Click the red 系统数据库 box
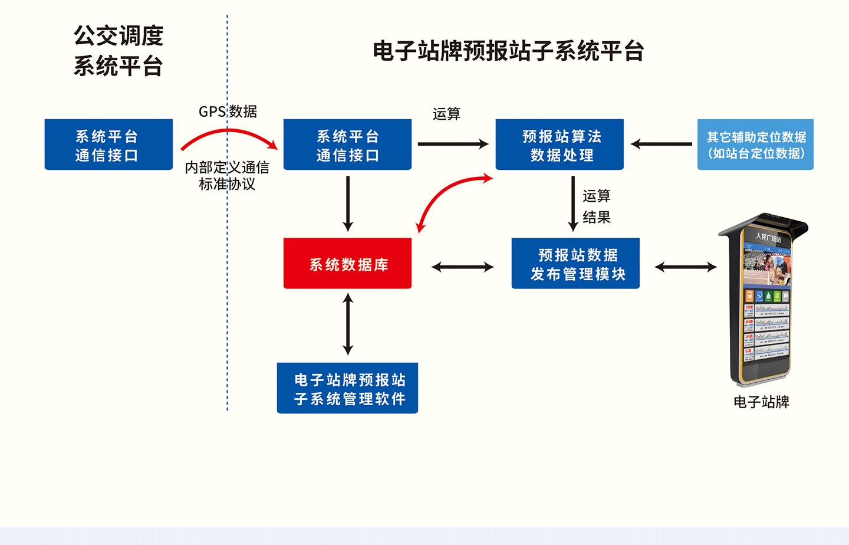(x=347, y=264)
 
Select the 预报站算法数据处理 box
(x=560, y=145)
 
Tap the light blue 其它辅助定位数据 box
(x=755, y=145)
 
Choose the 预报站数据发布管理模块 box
(x=575, y=264)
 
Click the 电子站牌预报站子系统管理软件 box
(x=347, y=389)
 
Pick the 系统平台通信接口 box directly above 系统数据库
(x=347, y=145)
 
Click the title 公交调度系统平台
(x=118, y=51)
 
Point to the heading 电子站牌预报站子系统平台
(x=508, y=51)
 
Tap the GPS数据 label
(x=228, y=111)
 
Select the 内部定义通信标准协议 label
(x=227, y=176)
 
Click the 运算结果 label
(x=597, y=206)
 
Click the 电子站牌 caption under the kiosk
(x=761, y=402)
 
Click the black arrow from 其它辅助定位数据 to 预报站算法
(x=661, y=144)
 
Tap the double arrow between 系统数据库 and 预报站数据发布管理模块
(x=462, y=267)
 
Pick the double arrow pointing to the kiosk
(x=686, y=267)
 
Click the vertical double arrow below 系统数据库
(x=348, y=324)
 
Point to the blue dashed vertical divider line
(x=227, y=295)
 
